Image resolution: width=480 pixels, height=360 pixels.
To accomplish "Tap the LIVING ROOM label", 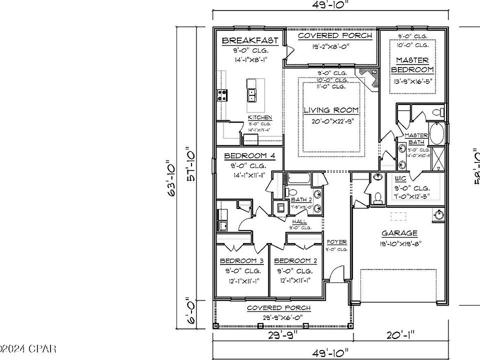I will click(331, 110).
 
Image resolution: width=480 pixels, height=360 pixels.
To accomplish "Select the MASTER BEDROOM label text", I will click(412, 65).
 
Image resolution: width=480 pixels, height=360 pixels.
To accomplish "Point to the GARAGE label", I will click(399, 233).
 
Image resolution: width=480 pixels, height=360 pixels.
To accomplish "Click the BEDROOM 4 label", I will click(249, 155).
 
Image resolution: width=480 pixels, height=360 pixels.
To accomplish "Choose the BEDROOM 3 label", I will click(242, 261).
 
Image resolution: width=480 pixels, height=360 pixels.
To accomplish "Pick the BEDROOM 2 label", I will click(295, 261).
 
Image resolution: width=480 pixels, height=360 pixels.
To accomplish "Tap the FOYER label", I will click(336, 242).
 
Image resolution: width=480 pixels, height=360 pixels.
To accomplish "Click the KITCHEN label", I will click(260, 117).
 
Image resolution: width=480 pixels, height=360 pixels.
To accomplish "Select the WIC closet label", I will click(400, 178).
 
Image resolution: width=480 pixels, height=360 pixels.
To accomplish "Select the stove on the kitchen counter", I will click(221, 94).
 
